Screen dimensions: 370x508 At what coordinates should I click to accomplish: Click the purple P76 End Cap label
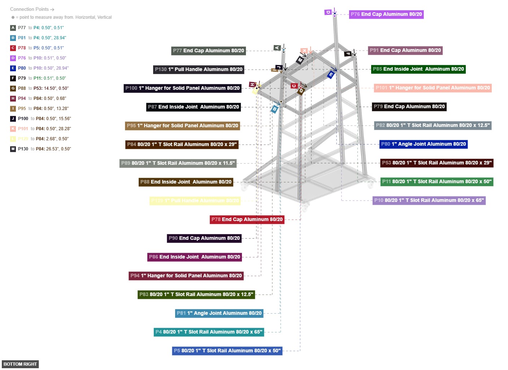coord(386,14)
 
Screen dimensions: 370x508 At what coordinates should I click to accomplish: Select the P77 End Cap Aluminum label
coord(208,51)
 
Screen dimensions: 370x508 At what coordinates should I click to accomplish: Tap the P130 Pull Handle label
coord(199,70)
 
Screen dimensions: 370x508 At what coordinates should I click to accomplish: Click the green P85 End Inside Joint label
coord(418,69)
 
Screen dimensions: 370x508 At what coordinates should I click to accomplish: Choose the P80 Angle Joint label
coord(424,144)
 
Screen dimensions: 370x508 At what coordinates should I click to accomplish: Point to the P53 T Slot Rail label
coord(437,163)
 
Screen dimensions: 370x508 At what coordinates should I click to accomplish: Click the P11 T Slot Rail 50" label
coord(437,182)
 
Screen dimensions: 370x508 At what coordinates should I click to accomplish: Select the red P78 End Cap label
coord(247,220)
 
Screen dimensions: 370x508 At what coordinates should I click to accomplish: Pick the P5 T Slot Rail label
coord(227,351)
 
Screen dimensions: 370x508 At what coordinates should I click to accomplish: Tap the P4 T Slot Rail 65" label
coord(209,332)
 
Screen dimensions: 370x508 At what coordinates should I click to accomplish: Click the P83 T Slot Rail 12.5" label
coord(196,295)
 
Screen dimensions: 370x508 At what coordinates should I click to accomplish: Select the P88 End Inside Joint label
coord(186,182)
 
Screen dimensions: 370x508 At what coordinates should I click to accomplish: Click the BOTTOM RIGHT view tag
coord(20,364)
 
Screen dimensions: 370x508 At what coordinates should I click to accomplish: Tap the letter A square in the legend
coord(13,28)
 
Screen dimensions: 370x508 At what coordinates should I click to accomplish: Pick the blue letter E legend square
coord(13,68)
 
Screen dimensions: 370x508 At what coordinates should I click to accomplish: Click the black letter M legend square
coord(13,149)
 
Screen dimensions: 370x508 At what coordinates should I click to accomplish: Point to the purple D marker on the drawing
coord(328,12)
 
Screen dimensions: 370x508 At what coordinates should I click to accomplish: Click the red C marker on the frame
coord(294,86)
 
